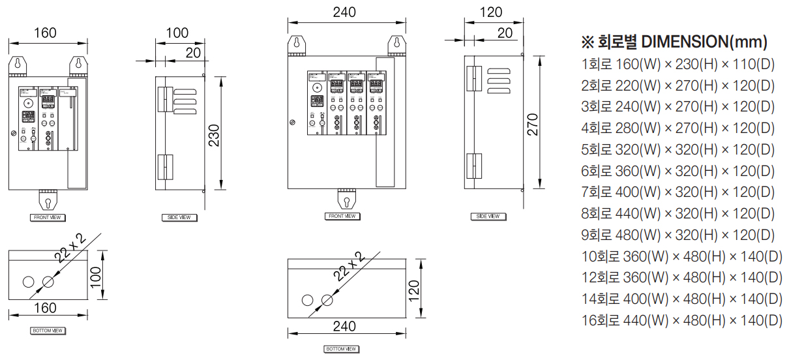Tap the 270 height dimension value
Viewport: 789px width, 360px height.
tap(533, 124)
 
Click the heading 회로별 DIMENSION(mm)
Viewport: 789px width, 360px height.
tap(674, 42)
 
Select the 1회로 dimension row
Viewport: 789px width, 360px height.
tap(677, 64)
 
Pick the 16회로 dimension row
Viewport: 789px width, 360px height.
tap(681, 320)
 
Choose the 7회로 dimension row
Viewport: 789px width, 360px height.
tap(677, 192)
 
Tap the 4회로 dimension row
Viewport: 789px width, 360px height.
tap(677, 128)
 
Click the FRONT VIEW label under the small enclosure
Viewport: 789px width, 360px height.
tap(48, 217)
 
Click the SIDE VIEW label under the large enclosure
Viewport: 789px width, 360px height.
tap(488, 216)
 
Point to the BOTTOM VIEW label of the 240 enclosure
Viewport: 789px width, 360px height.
tap(341, 349)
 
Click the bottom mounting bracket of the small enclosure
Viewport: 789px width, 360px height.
tap(48, 198)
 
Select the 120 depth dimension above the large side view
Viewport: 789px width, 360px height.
tap(491, 12)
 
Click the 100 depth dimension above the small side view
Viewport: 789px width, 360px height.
tap(177, 33)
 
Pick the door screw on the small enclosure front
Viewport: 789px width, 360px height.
tap(14, 132)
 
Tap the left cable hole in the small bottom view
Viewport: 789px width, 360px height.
tap(28, 282)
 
